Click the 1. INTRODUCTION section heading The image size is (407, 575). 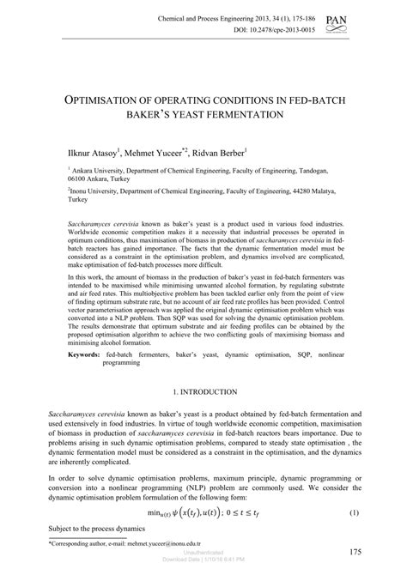click(x=203, y=391)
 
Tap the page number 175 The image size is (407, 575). click(x=349, y=551)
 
